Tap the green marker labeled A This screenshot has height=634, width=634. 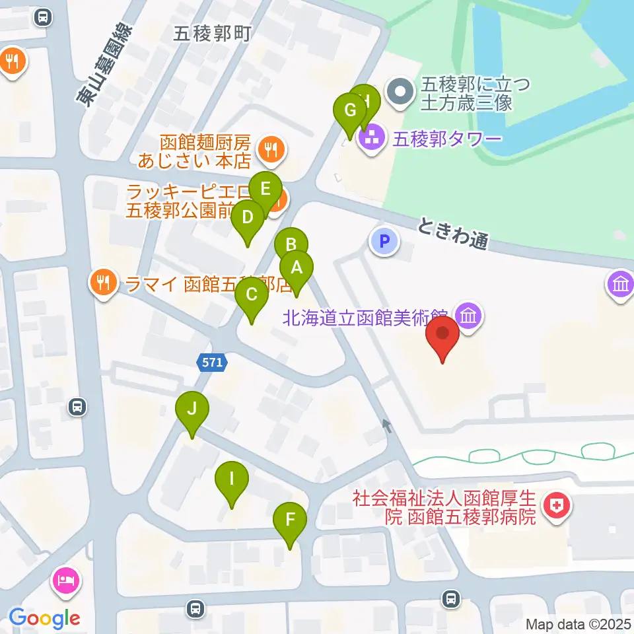(297, 268)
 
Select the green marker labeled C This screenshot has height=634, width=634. (252, 295)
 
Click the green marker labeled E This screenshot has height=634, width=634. (265, 190)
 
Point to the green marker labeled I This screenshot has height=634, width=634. (232, 478)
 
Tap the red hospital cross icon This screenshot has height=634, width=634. (555, 507)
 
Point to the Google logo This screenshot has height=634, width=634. (45, 619)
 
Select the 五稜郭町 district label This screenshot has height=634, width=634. (213, 34)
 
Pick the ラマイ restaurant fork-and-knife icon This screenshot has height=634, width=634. (102, 284)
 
